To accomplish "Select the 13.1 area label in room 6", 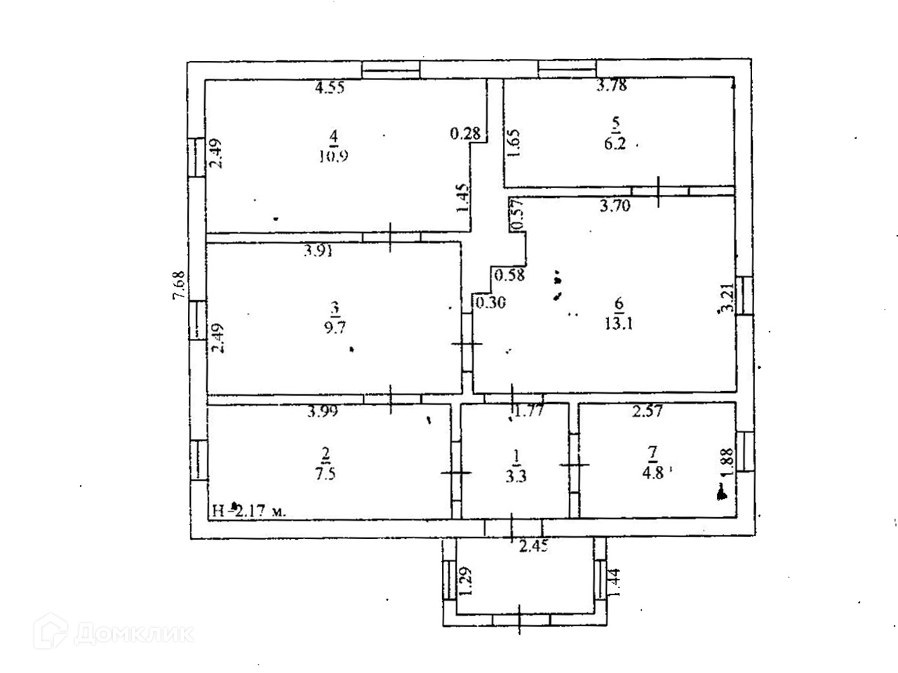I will [x=618, y=324].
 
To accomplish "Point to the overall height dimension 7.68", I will [x=179, y=286].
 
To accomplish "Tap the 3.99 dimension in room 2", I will [x=322, y=413].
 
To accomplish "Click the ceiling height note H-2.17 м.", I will [x=249, y=511].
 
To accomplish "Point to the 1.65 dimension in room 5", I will [x=514, y=145].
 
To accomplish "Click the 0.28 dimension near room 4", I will [x=464, y=133].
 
